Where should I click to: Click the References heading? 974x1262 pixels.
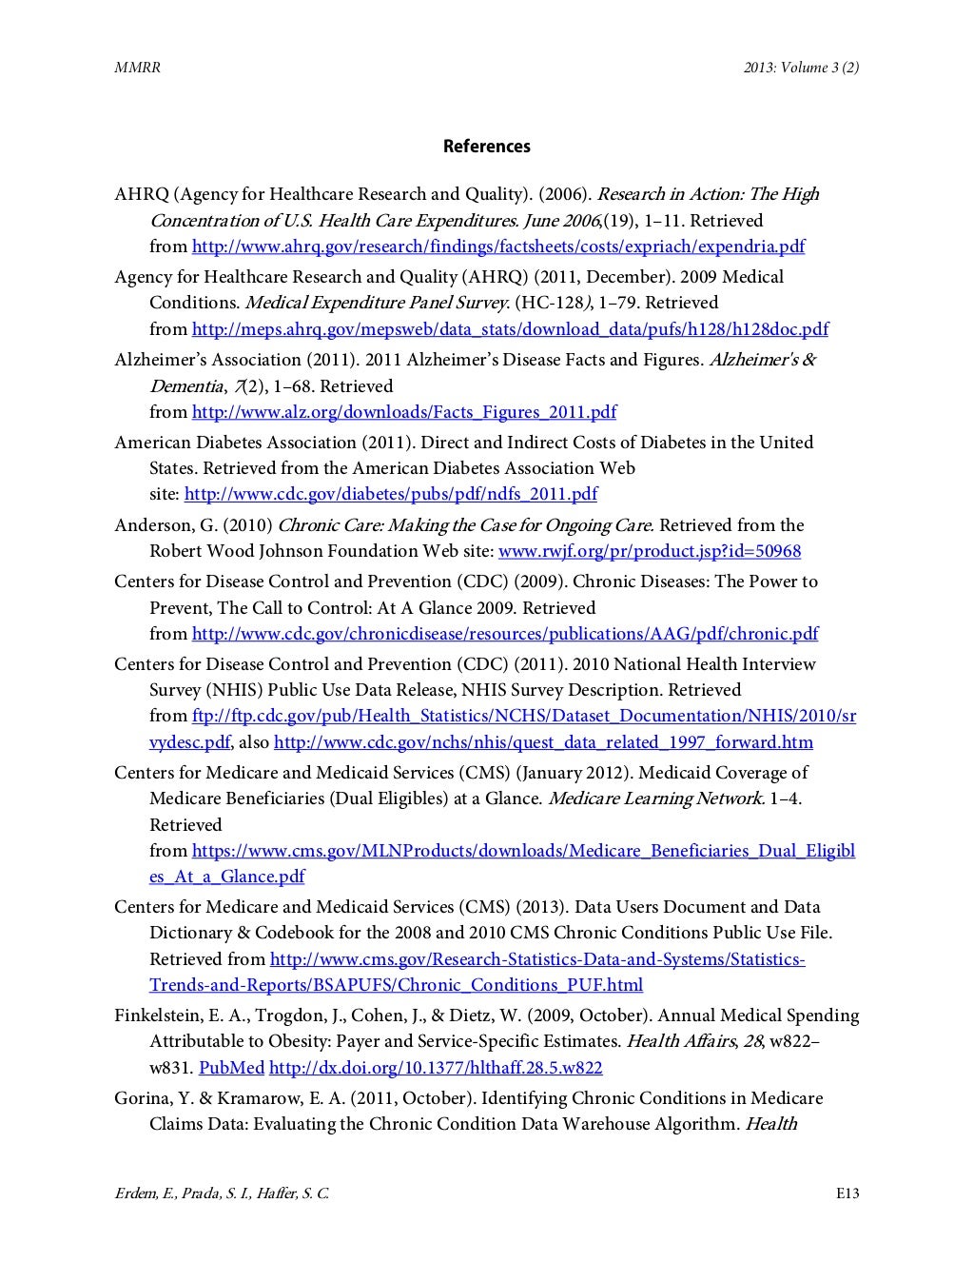tap(486, 147)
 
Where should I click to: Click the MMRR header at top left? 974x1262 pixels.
tap(132, 68)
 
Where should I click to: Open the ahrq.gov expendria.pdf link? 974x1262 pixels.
tap(497, 246)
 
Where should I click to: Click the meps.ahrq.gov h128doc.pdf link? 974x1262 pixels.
tap(509, 329)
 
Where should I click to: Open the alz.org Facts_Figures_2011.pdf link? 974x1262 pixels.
tap(403, 412)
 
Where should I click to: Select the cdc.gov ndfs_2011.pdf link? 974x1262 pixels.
tap(390, 494)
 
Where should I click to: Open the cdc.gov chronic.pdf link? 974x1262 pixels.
tap(504, 634)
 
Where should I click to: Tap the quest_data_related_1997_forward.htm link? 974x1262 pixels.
tap(542, 742)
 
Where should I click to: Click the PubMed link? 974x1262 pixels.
tap(231, 1068)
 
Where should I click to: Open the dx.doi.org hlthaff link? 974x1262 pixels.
tap(436, 1068)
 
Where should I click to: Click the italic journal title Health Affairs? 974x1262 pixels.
tap(679, 1041)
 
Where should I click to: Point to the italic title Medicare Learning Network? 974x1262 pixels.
tap(655, 799)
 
